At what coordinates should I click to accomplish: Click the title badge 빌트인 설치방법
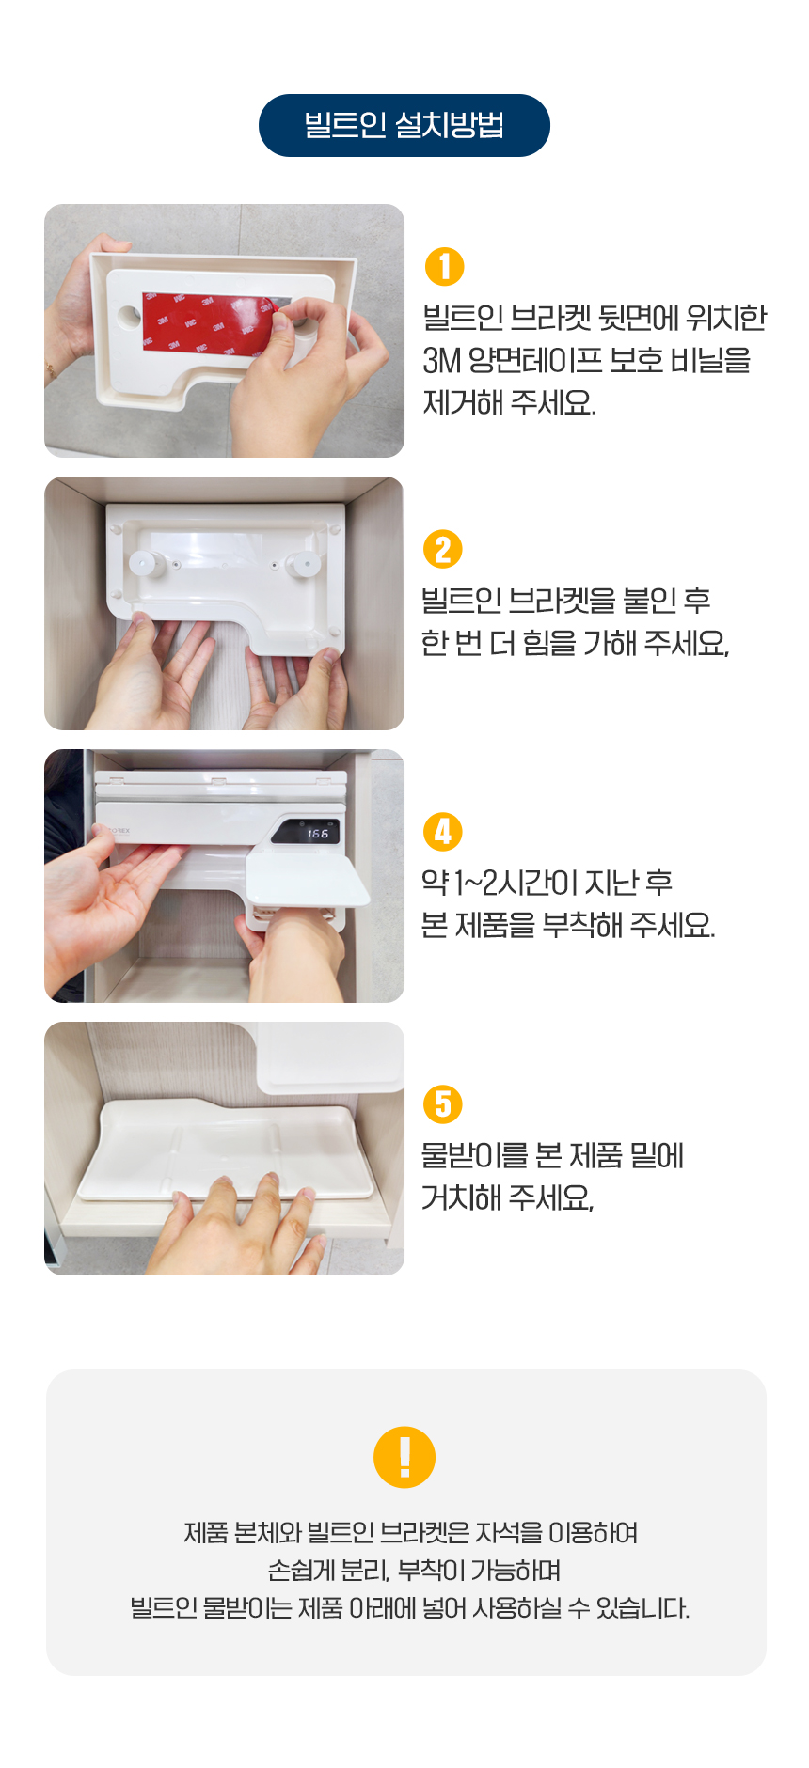tap(404, 125)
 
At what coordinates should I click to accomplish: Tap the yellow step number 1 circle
tap(445, 266)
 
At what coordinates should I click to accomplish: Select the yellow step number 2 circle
tap(443, 550)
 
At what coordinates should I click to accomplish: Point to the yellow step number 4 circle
tap(443, 832)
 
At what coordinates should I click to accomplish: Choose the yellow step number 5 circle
tap(443, 1104)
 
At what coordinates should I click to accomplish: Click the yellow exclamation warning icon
tap(404, 1457)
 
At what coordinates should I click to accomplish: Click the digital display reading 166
tap(317, 834)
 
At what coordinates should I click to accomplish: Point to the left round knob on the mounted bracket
tap(144, 564)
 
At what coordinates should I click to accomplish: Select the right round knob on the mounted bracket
tap(302, 565)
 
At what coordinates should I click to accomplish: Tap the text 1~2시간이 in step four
tap(516, 883)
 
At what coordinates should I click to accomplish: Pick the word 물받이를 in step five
tap(473, 1155)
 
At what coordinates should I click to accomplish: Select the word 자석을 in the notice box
tap(509, 1533)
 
